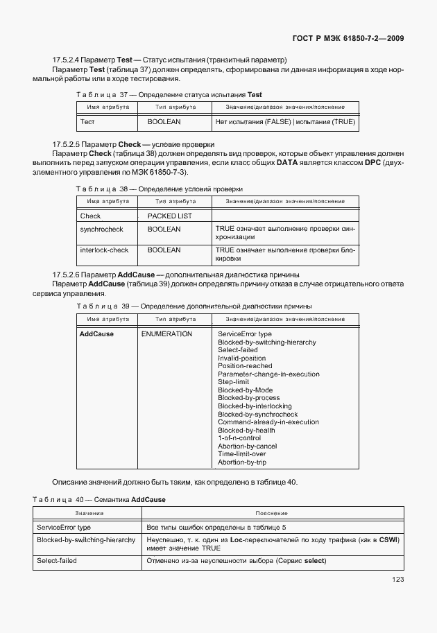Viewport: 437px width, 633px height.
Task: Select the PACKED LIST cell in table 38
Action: coord(170,216)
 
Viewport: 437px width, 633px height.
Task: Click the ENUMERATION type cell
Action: coord(166,334)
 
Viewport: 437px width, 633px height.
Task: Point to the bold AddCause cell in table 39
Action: coord(96,334)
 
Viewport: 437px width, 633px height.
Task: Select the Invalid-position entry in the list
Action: coord(241,358)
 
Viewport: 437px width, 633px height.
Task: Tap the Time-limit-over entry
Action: coord(246,454)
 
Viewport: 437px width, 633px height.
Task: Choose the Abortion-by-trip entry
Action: coord(242,462)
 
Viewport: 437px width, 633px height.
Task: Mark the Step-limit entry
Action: coord(233,382)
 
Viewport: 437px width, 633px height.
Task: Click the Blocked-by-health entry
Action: coord(246,430)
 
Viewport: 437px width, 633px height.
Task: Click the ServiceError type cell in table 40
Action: coord(64,527)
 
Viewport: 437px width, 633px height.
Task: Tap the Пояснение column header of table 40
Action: coord(271,513)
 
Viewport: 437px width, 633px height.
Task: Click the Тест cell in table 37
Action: coord(87,121)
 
